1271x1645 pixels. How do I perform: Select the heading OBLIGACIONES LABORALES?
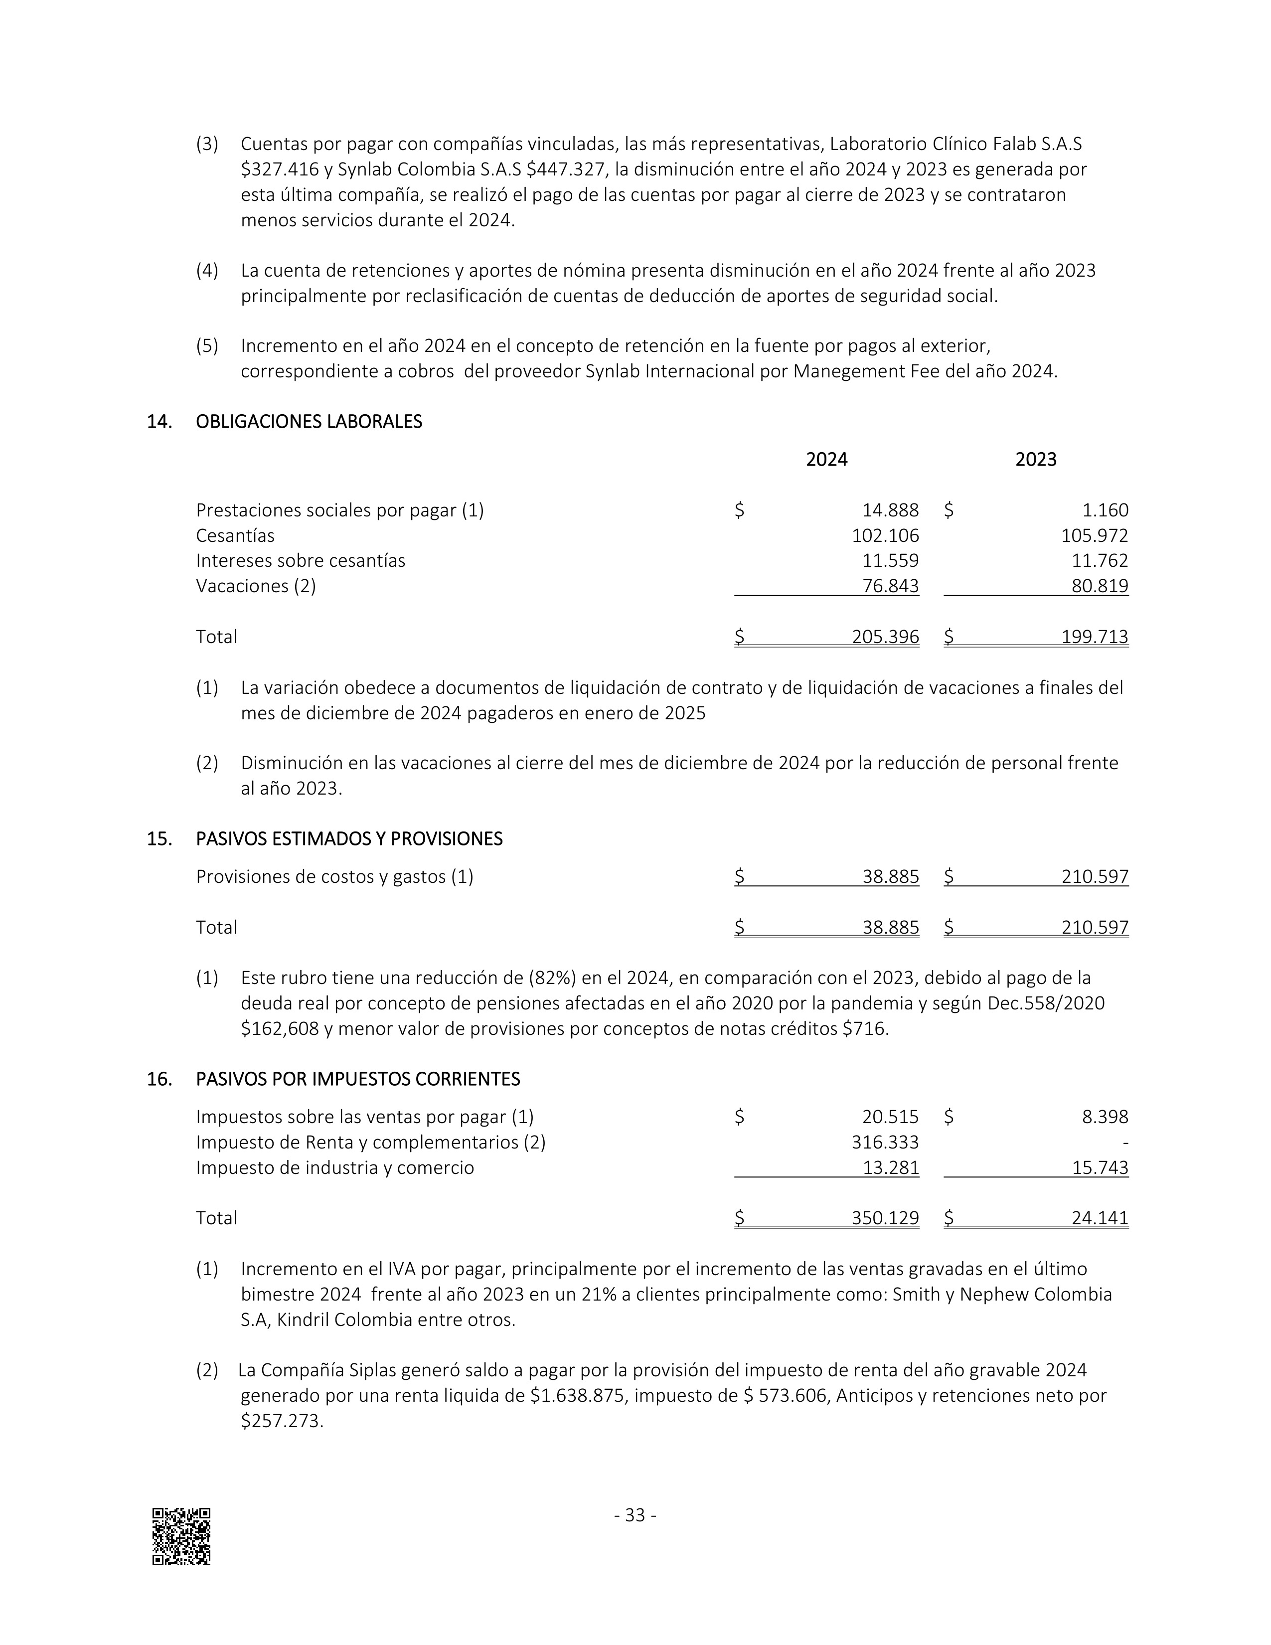309,422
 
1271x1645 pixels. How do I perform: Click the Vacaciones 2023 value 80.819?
1100,586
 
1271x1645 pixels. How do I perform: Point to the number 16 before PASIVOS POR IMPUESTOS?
159,1079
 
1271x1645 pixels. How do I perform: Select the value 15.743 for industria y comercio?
1100,1167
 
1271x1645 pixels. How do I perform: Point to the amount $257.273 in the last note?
281,1421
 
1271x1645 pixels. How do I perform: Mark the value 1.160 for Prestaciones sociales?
1106,510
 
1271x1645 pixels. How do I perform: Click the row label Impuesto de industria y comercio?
335,1167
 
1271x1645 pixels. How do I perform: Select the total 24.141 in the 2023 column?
1100,1218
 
